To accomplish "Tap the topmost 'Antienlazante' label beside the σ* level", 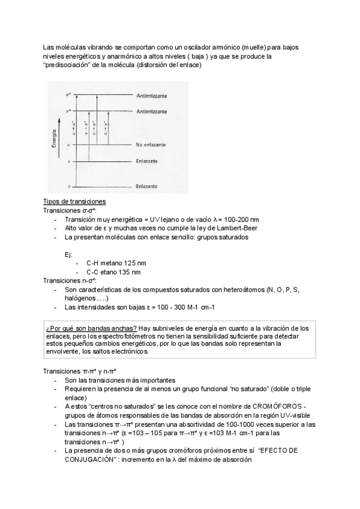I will click(x=152, y=96).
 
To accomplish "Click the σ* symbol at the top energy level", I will click(x=68, y=95).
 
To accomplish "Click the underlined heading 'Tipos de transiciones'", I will click(x=74, y=201).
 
